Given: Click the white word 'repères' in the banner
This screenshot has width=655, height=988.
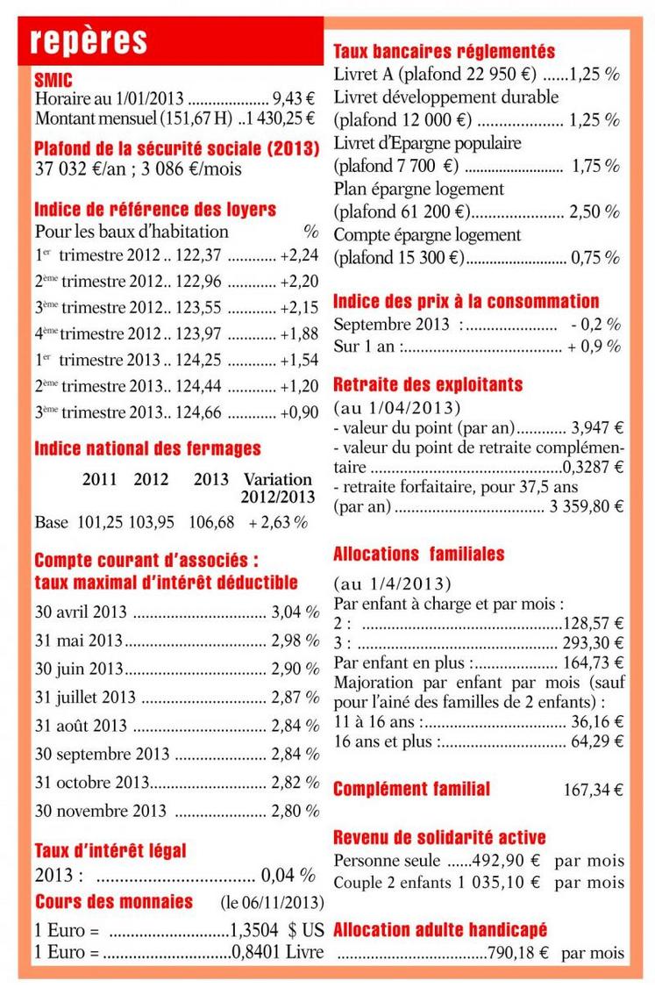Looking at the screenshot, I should tap(88, 41).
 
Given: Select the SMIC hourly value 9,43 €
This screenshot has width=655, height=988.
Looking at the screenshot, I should tap(295, 99).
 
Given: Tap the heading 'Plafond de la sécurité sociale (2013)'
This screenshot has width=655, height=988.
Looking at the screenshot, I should tap(176, 146).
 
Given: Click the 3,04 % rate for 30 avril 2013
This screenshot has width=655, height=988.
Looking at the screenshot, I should tap(295, 612).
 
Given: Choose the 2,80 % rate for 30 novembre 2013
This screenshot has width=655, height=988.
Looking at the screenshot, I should tap(295, 812).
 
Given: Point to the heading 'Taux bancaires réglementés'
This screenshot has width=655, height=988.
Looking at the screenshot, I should tap(445, 52).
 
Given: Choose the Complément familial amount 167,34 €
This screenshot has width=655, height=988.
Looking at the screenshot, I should tap(593, 790).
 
